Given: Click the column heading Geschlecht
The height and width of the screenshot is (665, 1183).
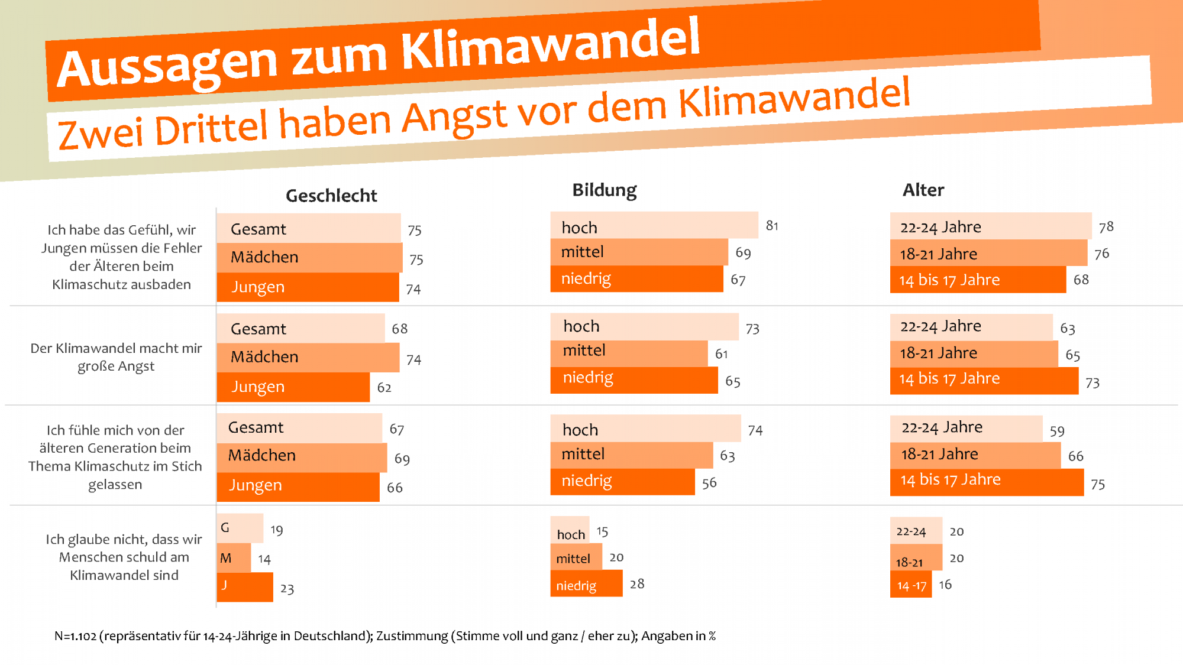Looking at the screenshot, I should [x=331, y=196].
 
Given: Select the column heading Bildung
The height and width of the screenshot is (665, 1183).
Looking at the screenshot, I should [x=604, y=190].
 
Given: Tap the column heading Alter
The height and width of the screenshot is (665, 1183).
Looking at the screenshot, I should [x=923, y=190].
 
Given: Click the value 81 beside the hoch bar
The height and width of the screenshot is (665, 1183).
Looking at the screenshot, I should [x=772, y=226].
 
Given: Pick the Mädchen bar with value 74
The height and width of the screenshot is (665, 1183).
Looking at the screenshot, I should [x=308, y=357].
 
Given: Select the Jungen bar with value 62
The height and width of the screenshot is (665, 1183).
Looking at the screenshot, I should [x=293, y=387].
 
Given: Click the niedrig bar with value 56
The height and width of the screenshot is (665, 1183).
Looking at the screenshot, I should [x=622, y=481].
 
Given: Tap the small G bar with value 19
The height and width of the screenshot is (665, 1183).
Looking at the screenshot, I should [x=240, y=528].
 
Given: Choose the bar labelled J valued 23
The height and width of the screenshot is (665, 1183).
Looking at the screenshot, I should [x=245, y=586].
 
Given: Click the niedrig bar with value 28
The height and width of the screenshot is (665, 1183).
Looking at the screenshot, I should [x=586, y=584].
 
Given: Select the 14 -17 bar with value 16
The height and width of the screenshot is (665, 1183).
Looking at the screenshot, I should [x=910, y=585].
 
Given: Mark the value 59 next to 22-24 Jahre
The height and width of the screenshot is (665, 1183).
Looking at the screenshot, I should [x=1057, y=432].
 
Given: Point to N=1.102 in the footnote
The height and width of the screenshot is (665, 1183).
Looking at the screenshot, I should [x=75, y=636].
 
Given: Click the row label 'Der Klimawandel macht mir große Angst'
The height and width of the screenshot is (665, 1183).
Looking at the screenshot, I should [x=116, y=357].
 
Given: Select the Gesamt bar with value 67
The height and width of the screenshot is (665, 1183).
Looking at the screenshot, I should [x=299, y=428].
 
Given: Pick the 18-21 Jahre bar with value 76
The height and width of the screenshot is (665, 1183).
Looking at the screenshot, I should [x=988, y=254].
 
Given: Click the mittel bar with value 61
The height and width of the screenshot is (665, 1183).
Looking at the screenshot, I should [x=628, y=352].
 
